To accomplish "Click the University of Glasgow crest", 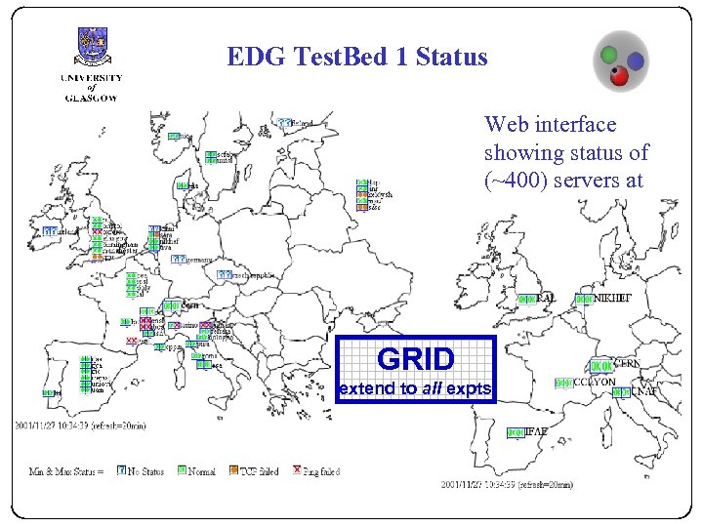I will (93, 47).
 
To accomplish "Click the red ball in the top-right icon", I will (617, 75).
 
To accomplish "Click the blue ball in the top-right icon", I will (636, 61).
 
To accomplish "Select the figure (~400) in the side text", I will (515, 181).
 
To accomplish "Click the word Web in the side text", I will (505, 125).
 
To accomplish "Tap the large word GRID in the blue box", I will (416, 359).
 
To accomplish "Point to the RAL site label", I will (546, 298).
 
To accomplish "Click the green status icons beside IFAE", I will (517, 431).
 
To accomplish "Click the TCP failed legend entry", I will (260, 470).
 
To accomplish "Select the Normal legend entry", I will (201, 470).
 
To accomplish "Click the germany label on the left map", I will (200, 259).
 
